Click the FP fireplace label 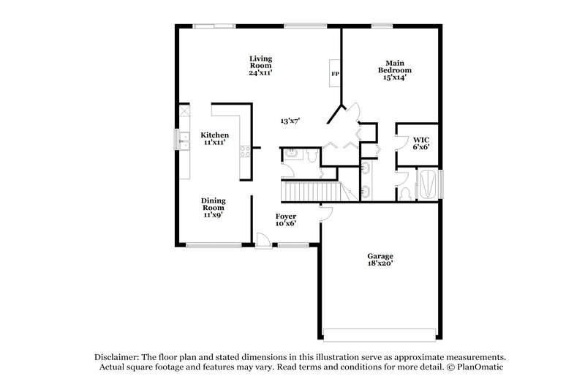click(x=335, y=74)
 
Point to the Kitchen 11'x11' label click(x=215, y=138)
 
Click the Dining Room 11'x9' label click(x=214, y=208)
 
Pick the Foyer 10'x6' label click(x=285, y=220)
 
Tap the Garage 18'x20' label click(x=380, y=260)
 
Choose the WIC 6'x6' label click(x=420, y=143)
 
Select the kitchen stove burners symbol click(x=246, y=151)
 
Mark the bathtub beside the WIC click(x=429, y=184)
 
